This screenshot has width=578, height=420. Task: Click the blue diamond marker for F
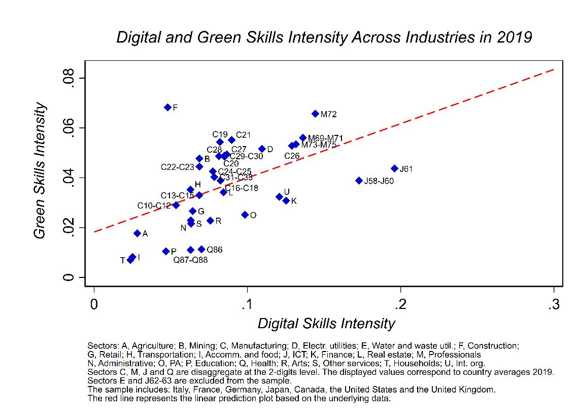167,107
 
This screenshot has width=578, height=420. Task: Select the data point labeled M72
315,114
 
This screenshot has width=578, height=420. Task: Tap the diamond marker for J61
394,168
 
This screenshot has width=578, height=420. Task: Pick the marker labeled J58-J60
359,181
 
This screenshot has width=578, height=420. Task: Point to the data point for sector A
137,233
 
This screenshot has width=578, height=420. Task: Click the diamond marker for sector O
245,215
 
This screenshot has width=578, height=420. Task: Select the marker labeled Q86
201,249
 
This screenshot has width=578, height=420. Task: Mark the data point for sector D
262,149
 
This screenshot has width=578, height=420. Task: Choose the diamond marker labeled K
286,201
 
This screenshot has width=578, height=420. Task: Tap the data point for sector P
165,251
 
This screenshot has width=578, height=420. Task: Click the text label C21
244,134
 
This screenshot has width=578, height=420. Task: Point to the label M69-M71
326,138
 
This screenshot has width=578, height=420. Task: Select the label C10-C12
154,205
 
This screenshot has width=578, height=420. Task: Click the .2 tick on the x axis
400,304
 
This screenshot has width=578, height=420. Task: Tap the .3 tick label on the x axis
554,304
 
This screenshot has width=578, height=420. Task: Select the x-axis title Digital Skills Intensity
326,324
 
